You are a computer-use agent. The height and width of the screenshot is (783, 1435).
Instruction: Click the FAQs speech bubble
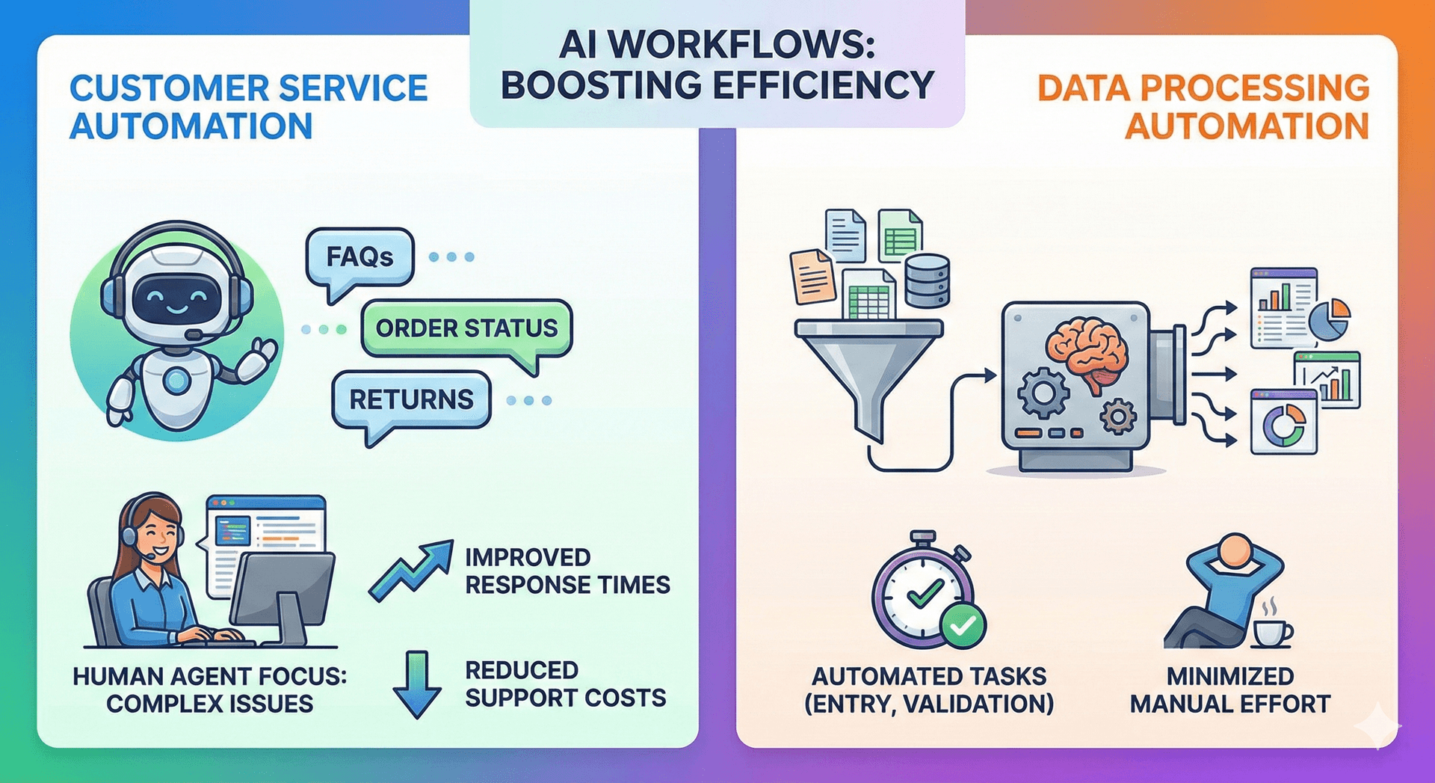click(x=359, y=258)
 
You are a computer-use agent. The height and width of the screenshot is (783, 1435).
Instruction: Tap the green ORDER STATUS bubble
click(x=466, y=328)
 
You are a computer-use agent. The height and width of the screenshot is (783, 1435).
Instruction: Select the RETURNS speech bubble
click(x=411, y=399)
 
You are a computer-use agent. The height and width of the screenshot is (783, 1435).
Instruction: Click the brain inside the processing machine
click(x=1087, y=348)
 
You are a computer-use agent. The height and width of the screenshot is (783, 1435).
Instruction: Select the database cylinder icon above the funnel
click(x=927, y=280)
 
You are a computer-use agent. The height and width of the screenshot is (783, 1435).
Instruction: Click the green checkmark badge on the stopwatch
click(x=963, y=624)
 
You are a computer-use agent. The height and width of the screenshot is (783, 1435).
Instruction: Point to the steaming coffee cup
click(x=1271, y=632)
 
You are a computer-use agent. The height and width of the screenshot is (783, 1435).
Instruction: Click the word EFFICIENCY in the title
click(x=823, y=85)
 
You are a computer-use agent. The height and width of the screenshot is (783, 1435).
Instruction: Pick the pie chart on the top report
click(x=1330, y=319)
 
